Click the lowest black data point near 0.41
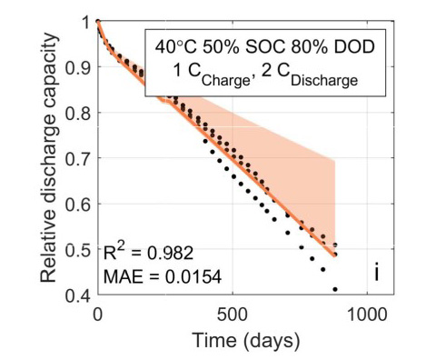pos(335,289)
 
